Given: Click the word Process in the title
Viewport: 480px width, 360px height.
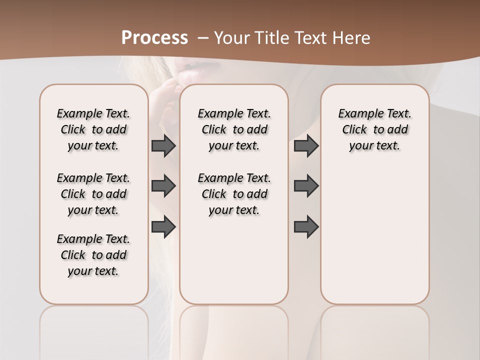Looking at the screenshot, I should click(154, 37).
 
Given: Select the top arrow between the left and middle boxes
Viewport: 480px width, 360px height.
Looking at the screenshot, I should click(163, 145).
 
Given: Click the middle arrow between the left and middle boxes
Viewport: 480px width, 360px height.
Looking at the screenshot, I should click(163, 186).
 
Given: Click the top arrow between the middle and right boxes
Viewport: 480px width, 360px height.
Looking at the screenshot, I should click(306, 145).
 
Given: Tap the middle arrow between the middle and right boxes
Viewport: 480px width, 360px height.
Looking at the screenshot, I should click(306, 186).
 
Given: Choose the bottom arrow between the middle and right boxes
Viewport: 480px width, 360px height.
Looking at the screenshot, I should click(306, 227).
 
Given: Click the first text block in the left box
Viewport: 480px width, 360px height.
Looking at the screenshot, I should click(93, 129).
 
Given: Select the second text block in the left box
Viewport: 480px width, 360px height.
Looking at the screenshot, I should click(93, 194).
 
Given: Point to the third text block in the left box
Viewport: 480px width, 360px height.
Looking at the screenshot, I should click(93, 255).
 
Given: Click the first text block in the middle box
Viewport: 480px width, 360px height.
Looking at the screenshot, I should click(234, 129).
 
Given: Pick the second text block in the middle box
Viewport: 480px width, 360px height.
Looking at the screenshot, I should click(234, 194).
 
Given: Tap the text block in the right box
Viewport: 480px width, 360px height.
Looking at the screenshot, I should click(375, 129).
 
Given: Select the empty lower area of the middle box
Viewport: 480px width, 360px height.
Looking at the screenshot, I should click(234, 260).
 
